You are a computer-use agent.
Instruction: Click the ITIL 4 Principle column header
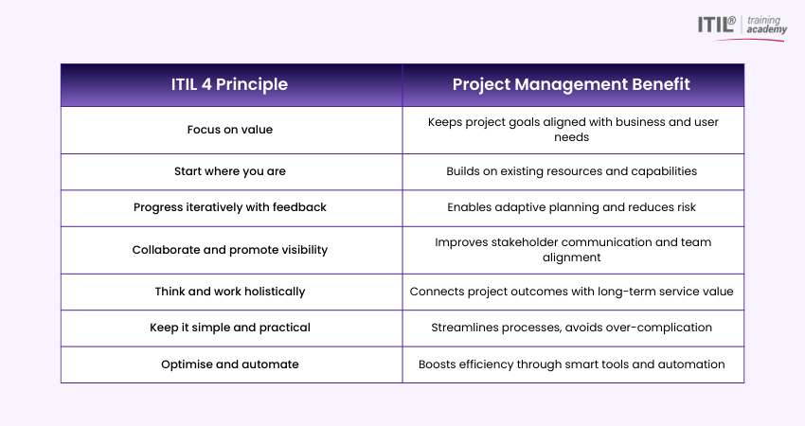click(x=229, y=84)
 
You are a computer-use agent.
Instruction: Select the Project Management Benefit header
click(x=571, y=84)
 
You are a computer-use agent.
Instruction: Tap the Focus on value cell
click(x=229, y=130)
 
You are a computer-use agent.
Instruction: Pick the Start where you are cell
click(x=229, y=171)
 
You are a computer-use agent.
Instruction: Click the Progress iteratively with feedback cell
click(x=229, y=207)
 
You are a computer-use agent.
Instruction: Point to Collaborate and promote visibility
click(x=229, y=250)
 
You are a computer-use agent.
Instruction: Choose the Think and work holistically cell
click(x=229, y=292)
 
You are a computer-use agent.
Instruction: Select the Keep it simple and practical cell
click(x=229, y=328)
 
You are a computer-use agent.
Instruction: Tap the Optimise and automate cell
click(x=229, y=364)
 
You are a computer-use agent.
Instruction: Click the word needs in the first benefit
click(x=571, y=137)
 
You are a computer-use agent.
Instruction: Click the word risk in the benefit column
click(x=686, y=207)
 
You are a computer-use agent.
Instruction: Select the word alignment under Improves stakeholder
click(x=571, y=257)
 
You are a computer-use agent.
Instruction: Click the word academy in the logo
click(x=766, y=29)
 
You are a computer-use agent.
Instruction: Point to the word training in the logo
click(x=763, y=21)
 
